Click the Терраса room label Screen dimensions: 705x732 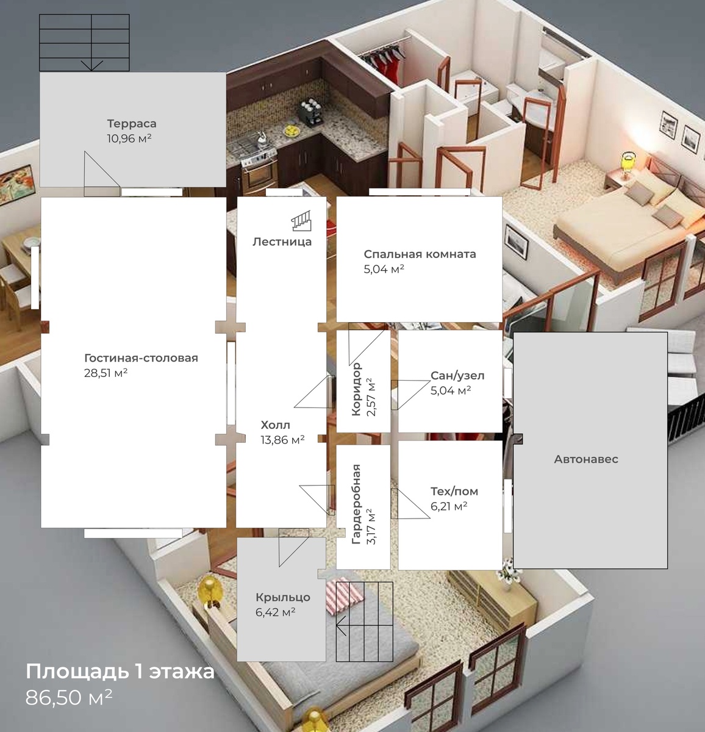coord(132,123)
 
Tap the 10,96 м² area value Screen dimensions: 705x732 coord(129,138)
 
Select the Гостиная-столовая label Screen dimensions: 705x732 coord(141,357)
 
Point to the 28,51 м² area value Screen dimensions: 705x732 coord(106,372)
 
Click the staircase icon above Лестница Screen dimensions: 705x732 coord(301,220)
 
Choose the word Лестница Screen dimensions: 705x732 coord(282,242)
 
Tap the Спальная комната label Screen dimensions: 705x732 coord(420,254)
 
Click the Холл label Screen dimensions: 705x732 coord(275,425)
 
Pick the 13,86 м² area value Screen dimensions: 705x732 coord(282,439)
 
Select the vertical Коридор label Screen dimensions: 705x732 coord(356,389)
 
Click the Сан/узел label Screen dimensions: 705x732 coord(457,375)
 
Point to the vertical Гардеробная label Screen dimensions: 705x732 coord(356,504)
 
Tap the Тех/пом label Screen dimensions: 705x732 coord(454,491)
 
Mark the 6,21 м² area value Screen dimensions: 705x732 coord(449,506)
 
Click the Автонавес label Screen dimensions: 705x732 coord(586,459)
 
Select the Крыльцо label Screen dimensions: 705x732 coord(283,597)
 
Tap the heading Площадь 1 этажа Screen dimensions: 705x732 coord(120,671)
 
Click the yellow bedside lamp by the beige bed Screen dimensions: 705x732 coord(626,165)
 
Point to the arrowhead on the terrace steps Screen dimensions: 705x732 coord(91,66)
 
